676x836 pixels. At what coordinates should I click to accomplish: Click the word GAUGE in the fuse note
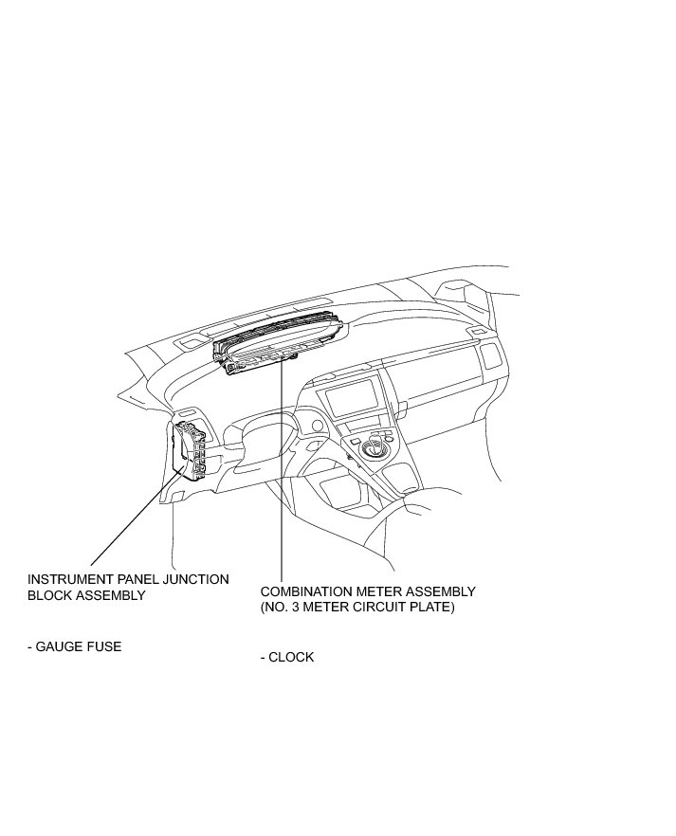pyautogui.click(x=62, y=647)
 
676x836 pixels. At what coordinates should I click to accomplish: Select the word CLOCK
pyautogui.click(x=291, y=657)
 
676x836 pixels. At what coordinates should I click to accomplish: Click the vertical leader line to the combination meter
pyautogui.click(x=282, y=474)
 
